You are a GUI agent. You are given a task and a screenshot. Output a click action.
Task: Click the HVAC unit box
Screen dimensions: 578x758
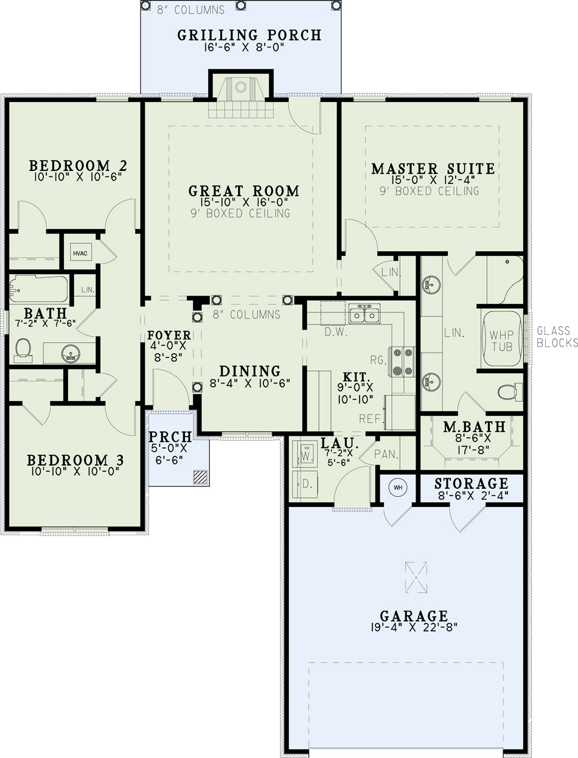click(80, 253)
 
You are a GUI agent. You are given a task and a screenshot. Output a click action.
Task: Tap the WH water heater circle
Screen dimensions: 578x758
click(398, 488)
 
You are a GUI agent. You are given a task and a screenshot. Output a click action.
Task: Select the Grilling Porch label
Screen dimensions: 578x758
click(249, 35)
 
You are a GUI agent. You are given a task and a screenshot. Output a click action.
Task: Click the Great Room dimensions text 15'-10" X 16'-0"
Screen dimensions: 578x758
click(245, 202)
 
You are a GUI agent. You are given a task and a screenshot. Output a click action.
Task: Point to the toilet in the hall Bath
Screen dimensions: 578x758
click(23, 350)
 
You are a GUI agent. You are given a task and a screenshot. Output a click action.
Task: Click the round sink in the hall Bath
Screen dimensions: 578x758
click(71, 353)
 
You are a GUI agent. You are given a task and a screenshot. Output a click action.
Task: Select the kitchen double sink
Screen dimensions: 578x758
click(364, 314)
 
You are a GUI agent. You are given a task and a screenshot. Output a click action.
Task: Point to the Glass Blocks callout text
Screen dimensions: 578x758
click(557, 337)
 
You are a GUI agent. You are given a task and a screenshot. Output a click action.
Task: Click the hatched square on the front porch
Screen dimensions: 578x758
click(200, 477)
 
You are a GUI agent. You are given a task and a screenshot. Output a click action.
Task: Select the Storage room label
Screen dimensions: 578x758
click(472, 483)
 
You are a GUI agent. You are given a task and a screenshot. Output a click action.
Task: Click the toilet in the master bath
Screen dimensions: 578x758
click(510, 391)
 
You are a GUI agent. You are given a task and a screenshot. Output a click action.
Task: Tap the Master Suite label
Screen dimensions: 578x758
click(433, 168)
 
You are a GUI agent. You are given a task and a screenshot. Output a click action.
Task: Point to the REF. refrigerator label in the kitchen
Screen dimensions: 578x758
click(371, 419)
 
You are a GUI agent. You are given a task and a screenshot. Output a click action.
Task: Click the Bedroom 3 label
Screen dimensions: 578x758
click(75, 460)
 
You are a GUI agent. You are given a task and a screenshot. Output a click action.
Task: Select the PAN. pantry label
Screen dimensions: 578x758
click(386, 454)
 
